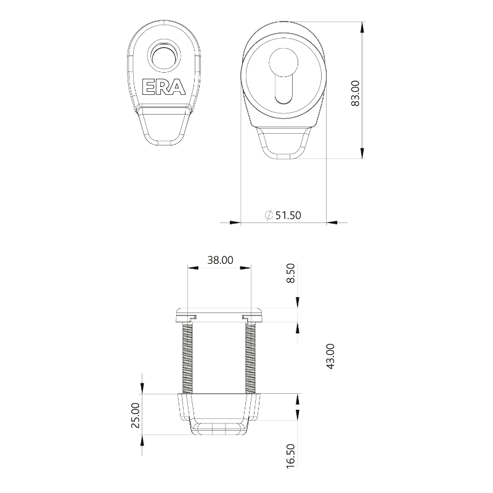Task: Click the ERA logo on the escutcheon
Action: point(163,87)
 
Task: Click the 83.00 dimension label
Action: point(355,94)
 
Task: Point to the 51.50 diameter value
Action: point(288,215)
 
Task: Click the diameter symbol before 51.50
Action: point(269,215)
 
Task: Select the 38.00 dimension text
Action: point(221,260)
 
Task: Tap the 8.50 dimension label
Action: point(291,273)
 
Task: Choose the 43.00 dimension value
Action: point(330,356)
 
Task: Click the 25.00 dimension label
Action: point(136,415)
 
